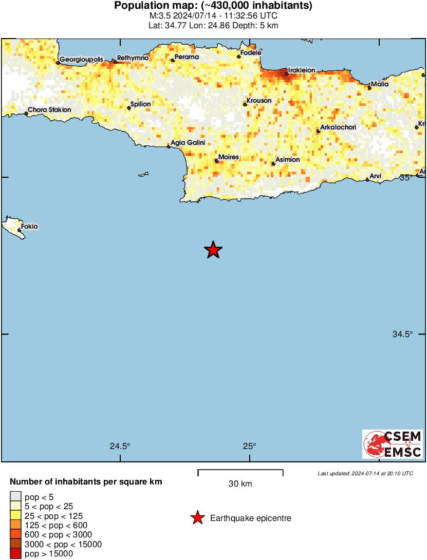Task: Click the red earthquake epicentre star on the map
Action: tap(213, 250)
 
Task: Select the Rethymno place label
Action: tap(133, 58)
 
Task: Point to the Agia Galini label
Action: tap(188, 142)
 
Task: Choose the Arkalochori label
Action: tap(338, 127)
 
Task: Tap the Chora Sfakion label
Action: tap(49, 109)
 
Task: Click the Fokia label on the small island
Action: tap(29, 226)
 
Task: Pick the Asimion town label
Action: tap(288, 160)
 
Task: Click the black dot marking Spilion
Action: tap(129, 108)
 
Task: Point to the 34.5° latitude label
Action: tap(403, 334)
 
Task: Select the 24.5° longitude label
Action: tap(120, 446)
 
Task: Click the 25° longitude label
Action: tap(250, 446)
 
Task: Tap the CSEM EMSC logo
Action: tap(393, 444)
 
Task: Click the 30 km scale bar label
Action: tap(240, 483)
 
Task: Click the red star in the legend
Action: tap(197, 518)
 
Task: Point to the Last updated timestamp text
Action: tap(365, 473)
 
